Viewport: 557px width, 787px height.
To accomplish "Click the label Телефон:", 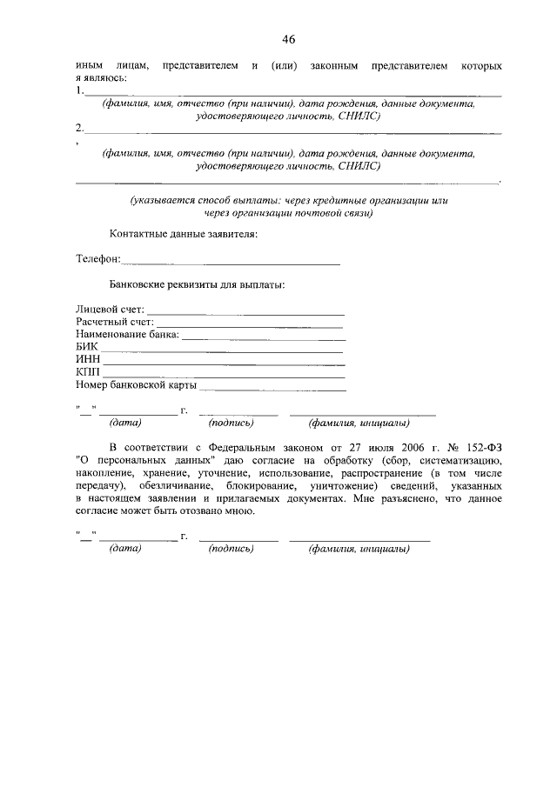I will tap(98, 259).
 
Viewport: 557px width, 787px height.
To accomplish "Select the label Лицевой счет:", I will tap(111, 309).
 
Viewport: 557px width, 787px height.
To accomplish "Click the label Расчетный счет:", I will tap(114, 322).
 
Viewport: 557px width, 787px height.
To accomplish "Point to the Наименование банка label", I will tap(127, 334).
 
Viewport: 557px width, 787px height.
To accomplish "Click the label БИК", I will tap(87, 347).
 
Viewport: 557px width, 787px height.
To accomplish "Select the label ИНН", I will tap(88, 359).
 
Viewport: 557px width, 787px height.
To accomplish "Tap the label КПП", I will tap(88, 372).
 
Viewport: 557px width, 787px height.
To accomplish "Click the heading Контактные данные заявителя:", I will tap(183, 234).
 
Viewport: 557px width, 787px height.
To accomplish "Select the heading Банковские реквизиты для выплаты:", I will tap(197, 283).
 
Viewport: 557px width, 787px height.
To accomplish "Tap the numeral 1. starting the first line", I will tap(80, 90).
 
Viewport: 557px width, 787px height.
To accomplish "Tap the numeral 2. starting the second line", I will tap(80, 128).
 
